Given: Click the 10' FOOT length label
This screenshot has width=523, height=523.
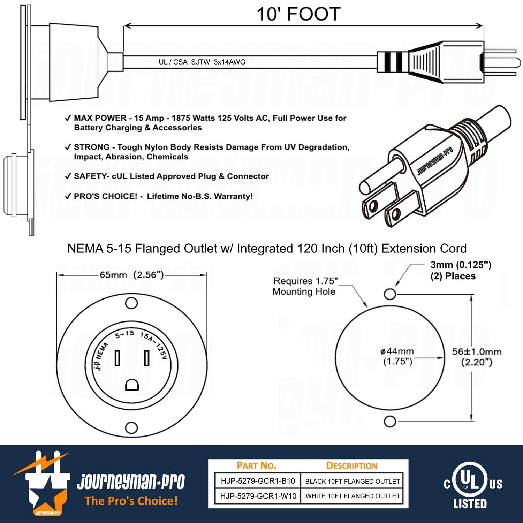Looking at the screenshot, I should click(x=298, y=14).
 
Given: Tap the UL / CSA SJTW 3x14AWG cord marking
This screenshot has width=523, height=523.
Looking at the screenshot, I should click(x=202, y=62).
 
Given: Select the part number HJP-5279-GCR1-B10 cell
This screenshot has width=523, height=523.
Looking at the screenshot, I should click(x=258, y=481).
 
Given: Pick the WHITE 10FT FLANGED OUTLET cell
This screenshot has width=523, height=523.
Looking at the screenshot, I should click(x=353, y=496).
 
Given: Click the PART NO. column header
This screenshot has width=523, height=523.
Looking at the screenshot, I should click(x=256, y=465).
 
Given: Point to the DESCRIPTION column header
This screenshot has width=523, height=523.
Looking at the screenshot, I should click(x=352, y=465).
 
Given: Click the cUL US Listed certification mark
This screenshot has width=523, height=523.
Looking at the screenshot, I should click(x=471, y=485).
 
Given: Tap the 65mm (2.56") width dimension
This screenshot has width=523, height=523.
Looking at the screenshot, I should click(x=132, y=275).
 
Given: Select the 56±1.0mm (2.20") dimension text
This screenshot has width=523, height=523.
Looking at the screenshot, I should click(x=477, y=357).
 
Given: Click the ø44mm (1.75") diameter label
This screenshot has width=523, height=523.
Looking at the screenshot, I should click(x=397, y=356).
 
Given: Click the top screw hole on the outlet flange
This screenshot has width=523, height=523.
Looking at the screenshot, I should click(x=131, y=303).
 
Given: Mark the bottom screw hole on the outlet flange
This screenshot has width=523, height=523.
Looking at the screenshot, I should click(x=131, y=427).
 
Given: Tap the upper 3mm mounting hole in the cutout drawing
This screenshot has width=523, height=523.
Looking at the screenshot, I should click(x=390, y=294).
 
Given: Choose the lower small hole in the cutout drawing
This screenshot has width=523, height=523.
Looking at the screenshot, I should click(x=390, y=421).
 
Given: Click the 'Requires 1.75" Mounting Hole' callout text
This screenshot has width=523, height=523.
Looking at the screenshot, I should click(x=304, y=286).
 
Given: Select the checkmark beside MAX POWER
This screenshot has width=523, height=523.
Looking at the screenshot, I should click(x=68, y=118).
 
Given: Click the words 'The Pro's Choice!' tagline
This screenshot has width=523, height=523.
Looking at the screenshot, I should click(x=131, y=501).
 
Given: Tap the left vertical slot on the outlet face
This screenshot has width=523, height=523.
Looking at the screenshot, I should click(x=118, y=358).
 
